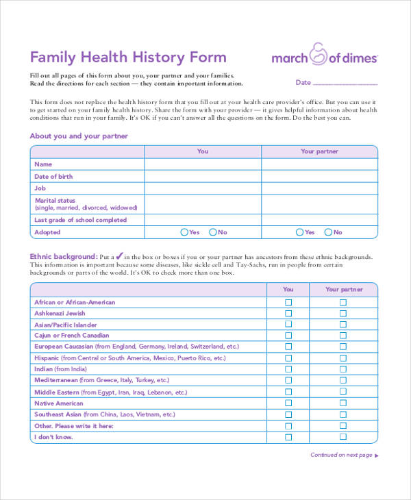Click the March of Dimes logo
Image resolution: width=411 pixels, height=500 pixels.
point(324,56)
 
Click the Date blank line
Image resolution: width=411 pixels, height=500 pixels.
point(345,84)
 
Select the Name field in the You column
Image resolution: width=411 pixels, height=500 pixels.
point(203,164)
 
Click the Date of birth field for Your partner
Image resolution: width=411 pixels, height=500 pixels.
point(319,176)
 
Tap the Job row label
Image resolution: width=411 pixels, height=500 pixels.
point(40,188)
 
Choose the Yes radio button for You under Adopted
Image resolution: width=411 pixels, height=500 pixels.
point(184,232)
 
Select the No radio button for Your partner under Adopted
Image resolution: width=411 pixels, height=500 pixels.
point(329,232)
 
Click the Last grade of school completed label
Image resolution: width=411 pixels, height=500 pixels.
point(80,220)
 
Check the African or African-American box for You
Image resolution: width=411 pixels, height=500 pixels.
point(288,302)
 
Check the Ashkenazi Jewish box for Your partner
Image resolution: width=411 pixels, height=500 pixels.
point(343,314)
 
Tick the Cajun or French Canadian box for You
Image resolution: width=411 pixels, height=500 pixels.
point(288,336)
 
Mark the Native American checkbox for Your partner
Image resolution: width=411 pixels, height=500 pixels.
point(343,403)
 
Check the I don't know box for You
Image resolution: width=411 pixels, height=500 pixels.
point(288,437)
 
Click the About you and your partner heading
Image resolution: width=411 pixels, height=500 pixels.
point(79,136)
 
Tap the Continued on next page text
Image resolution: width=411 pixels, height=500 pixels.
point(341,455)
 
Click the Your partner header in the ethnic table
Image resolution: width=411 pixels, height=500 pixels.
point(343,290)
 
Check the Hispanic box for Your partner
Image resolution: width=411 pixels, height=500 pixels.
point(343,358)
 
